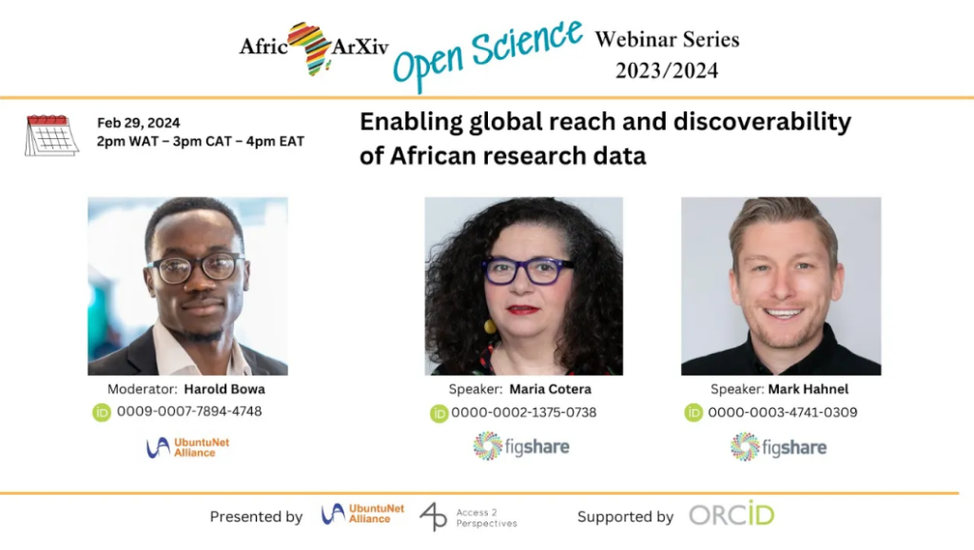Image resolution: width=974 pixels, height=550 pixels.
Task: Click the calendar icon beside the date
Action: [51, 135]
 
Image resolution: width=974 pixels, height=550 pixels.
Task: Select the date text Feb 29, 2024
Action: [139, 123]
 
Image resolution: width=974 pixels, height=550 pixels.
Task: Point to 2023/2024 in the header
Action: [667, 70]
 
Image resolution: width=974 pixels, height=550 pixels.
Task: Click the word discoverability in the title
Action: [762, 122]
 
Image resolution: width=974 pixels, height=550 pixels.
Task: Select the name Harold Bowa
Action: [224, 389]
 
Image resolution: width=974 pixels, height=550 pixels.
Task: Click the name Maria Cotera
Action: [551, 389]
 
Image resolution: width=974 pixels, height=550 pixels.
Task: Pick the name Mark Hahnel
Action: [808, 389]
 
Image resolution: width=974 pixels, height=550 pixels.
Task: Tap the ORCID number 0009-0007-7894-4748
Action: [189, 411]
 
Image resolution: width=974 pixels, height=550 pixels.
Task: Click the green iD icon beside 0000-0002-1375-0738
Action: [439, 413]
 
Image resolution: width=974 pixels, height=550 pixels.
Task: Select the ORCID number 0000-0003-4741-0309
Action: [783, 412]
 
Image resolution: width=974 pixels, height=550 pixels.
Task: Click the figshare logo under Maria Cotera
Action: [521, 446]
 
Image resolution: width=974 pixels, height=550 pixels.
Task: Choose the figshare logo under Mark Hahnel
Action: [778, 447]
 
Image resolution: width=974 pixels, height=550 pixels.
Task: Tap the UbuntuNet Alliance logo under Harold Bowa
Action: [187, 447]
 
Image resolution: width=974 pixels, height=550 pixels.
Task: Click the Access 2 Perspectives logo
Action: [468, 517]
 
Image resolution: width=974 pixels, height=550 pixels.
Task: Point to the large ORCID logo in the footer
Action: [731, 514]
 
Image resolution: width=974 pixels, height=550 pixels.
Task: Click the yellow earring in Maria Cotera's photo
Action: [490, 325]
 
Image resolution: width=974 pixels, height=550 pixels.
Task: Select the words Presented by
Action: [256, 517]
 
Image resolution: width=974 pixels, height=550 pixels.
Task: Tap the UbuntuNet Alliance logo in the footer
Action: [362, 514]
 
